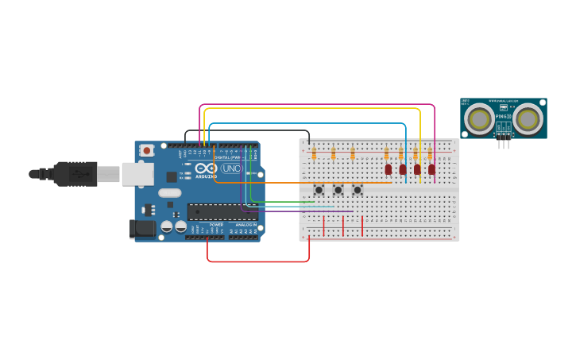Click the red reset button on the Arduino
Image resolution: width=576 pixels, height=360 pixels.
pyautogui.click(x=147, y=150)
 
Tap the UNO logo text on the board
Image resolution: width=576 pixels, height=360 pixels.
pyautogui.click(x=231, y=168)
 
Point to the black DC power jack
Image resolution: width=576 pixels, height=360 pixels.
pyautogui.click(x=143, y=229)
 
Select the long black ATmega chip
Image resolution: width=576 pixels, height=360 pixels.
pyautogui.click(x=216, y=211)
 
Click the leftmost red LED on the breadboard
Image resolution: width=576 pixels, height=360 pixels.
pyautogui.click(x=389, y=169)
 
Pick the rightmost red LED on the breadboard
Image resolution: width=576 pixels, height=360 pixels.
pyautogui.click(x=431, y=169)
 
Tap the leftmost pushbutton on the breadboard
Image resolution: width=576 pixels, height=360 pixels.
pyautogui.click(x=319, y=190)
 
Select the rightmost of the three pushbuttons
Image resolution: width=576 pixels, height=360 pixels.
pyautogui.click(x=358, y=190)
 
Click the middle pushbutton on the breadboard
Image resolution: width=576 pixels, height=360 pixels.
pyautogui.click(x=338, y=190)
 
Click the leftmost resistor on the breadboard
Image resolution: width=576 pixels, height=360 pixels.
pyautogui.click(x=314, y=153)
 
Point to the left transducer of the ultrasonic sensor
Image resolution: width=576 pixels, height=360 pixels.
pyautogui.click(x=479, y=119)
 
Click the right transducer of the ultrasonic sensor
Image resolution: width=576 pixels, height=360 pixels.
pyautogui.click(x=528, y=119)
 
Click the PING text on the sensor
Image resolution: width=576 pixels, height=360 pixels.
pyautogui.click(x=501, y=116)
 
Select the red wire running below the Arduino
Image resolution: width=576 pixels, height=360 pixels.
pyautogui.click(x=258, y=261)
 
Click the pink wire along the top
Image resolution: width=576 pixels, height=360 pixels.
pyautogui.click(x=318, y=104)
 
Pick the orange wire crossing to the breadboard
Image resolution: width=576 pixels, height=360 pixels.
pyautogui.click(x=302, y=182)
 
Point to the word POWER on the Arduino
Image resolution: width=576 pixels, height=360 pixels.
pyautogui.click(x=216, y=225)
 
